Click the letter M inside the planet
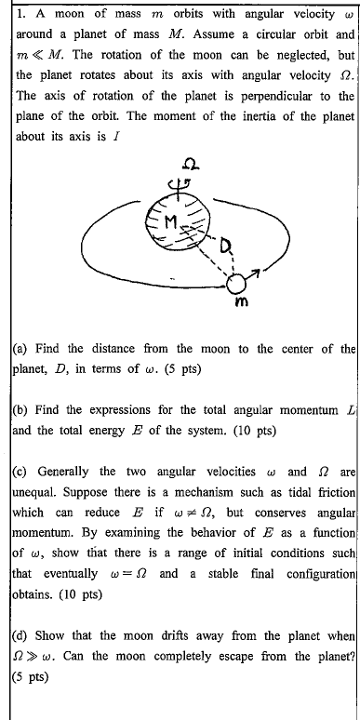(171, 220)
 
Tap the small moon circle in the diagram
(239, 283)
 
